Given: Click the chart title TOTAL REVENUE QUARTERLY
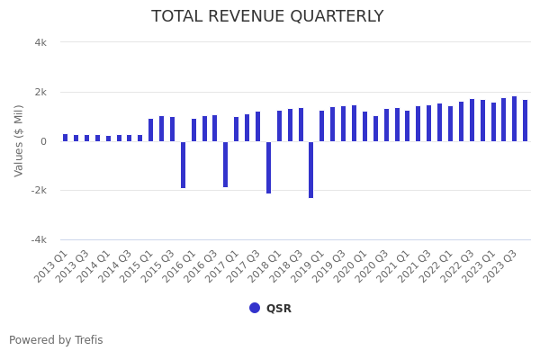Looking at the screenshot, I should pos(267,17).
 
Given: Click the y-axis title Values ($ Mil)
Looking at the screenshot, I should pos(19,140).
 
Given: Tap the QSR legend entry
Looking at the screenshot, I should pos(270,308).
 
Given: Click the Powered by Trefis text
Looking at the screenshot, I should pos(56,340).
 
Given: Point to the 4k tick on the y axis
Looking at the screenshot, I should pos(40,42).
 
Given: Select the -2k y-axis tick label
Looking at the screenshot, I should pos(38,191).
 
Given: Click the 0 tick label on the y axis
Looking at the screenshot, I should pos(42,141).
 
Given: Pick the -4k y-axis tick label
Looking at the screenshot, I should pos(38,240).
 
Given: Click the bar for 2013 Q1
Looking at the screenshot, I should pos(66,138).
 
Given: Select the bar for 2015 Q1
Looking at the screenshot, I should pos(151,130).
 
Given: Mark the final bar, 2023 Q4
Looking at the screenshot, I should pos(525,121).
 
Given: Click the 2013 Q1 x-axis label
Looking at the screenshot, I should pos(53,266).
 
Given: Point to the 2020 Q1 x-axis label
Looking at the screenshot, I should pos(352,266).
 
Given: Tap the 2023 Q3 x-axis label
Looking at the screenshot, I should pos(502,266).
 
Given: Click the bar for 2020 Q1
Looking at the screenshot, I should pos(364,126).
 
